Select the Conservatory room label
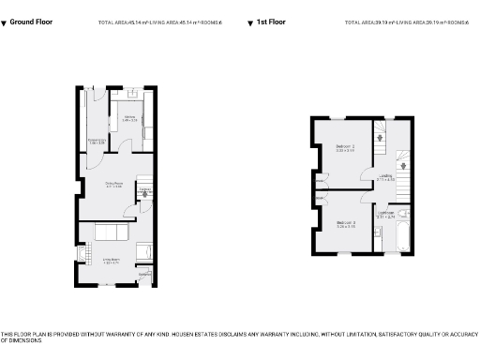click(95, 142)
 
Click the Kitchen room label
click(129, 118)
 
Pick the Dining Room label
click(113, 185)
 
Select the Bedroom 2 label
click(345, 148)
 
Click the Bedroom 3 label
click(345, 223)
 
